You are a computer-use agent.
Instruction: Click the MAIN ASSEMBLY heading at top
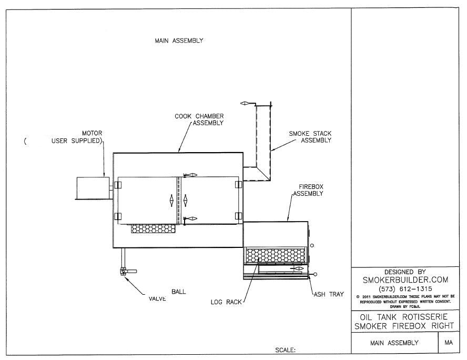coord(179,41)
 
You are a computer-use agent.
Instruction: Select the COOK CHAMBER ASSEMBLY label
coord(199,119)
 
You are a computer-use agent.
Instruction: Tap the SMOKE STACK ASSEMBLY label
coord(310,137)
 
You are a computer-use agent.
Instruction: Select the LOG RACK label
coord(226,302)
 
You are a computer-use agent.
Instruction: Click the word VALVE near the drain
coord(157,298)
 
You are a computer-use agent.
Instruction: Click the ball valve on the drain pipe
coord(124,271)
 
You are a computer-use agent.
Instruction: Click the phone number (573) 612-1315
coord(404,288)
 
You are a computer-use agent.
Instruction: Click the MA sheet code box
coord(449,343)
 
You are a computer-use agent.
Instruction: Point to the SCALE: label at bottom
coord(286,349)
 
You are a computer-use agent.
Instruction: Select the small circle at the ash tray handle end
coord(315,274)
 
